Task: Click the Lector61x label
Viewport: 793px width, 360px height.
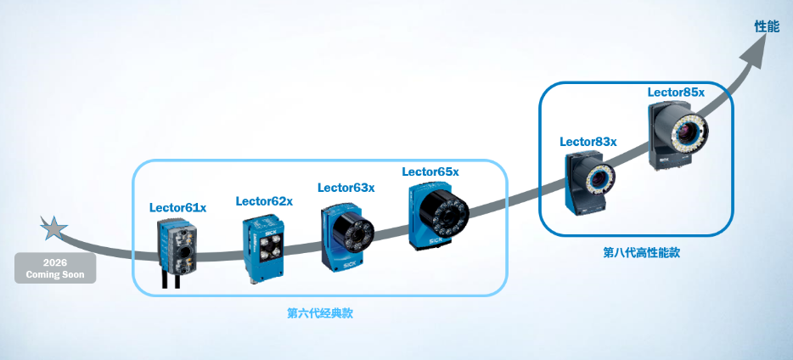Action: [x=177, y=206]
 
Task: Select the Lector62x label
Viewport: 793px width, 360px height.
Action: [x=264, y=201]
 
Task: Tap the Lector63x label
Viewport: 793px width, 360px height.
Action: [x=346, y=187]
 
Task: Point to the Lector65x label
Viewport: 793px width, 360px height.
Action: [x=430, y=172]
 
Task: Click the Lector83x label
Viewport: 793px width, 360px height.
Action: [x=588, y=141]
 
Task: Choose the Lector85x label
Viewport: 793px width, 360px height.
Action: [x=676, y=92]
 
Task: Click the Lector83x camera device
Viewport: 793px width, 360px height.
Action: [x=588, y=183]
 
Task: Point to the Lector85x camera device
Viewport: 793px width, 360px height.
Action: [x=680, y=135]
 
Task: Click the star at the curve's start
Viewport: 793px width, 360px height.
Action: [x=52, y=227]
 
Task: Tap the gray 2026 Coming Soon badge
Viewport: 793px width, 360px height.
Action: [x=55, y=268]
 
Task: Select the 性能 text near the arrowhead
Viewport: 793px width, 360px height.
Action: [x=767, y=27]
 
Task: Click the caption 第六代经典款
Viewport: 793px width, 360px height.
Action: [x=319, y=313]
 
